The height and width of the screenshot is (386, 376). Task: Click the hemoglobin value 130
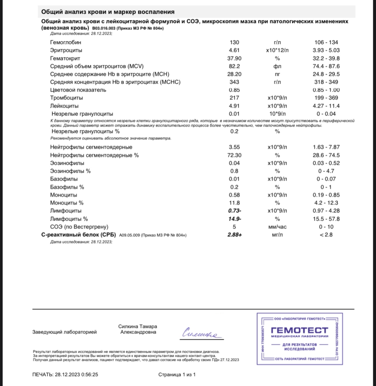tap(234, 43)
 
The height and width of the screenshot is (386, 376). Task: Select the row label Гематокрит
tap(65, 58)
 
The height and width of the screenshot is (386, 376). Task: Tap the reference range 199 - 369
tap(325, 98)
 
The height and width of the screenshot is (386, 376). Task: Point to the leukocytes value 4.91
tap(234, 106)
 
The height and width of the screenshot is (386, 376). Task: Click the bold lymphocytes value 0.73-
tap(235, 211)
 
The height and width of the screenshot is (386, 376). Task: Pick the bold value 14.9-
tap(235, 219)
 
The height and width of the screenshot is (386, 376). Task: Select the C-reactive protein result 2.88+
tap(235, 235)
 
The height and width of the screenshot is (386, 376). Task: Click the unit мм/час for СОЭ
tap(277, 227)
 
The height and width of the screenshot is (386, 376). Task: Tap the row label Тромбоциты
tap(66, 98)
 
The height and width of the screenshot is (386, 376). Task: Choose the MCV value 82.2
tap(234, 66)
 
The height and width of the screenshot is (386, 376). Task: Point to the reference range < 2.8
tap(326, 235)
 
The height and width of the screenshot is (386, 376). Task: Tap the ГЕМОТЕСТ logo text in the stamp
tap(299, 330)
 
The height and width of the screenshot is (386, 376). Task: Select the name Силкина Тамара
tap(137, 326)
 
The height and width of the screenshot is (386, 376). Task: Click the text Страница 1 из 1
tap(177, 375)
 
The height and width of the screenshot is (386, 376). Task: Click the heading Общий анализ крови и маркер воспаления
tap(108, 12)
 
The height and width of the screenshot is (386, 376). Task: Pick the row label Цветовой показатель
tap(78, 90)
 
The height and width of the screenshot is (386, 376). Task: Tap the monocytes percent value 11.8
tap(234, 203)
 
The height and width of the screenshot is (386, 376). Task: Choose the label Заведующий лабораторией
tap(64, 332)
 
